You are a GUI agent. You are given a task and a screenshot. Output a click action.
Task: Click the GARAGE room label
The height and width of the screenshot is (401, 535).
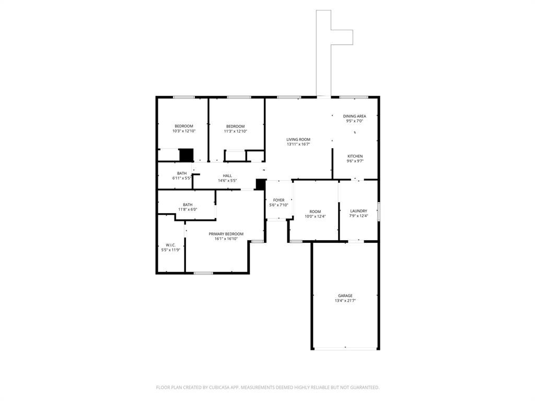(345, 296)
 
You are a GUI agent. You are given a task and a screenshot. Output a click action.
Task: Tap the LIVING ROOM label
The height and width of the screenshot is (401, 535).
(298, 139)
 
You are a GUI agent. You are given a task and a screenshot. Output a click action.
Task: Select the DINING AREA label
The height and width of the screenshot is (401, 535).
(354, 116)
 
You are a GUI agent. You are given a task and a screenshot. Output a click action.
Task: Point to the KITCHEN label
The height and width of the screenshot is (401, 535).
(355, 156)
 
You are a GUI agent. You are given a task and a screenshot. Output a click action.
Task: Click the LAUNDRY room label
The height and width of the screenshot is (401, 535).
(358, 211)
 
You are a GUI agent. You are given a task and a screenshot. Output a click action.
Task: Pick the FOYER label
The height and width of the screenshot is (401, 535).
(279, 200)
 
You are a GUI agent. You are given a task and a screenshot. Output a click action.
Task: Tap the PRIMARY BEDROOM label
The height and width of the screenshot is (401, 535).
(226, 234)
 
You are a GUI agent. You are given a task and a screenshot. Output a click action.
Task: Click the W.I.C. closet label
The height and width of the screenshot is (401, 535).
(170, 245)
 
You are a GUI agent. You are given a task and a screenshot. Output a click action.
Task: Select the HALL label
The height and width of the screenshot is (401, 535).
(227, 175)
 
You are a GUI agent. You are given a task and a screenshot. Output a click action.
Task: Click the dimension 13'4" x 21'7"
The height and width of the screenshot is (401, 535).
(345, 301)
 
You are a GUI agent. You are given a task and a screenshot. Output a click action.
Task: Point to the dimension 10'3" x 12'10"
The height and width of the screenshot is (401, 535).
(183, 131)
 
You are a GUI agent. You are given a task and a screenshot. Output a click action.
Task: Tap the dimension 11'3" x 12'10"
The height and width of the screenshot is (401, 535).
(235, 131)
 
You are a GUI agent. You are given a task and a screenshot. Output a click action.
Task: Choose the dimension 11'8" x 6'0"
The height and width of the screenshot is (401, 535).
(188, 209)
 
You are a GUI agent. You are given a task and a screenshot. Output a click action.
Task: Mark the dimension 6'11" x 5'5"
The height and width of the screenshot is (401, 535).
(182, 178)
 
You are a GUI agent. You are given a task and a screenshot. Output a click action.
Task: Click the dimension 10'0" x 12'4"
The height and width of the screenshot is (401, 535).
(315, 216)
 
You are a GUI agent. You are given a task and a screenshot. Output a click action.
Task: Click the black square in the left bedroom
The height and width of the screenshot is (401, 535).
(186, 155)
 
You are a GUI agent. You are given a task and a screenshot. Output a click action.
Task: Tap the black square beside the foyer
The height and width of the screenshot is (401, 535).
(260, 184)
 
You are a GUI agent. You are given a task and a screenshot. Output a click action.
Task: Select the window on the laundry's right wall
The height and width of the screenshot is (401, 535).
(379, 212)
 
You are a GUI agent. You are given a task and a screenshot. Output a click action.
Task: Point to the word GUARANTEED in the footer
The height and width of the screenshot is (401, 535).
(362, 387)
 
